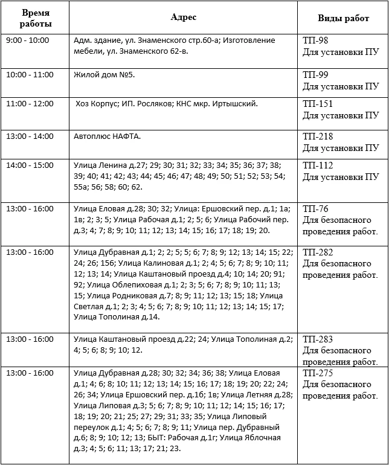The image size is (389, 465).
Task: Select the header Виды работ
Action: click(x=343, y=19)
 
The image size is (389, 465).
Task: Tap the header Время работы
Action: click(x=36, y=19)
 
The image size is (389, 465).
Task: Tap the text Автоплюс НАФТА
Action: click(x=107, y=136)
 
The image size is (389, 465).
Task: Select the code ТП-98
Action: click(x=317, y=40)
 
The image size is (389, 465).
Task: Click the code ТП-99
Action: click(x=317, y=74)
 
